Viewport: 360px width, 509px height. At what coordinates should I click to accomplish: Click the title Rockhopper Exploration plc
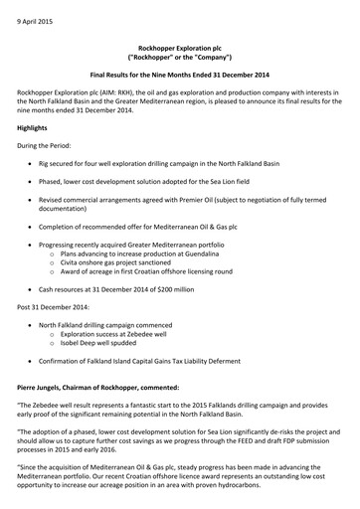179,61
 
